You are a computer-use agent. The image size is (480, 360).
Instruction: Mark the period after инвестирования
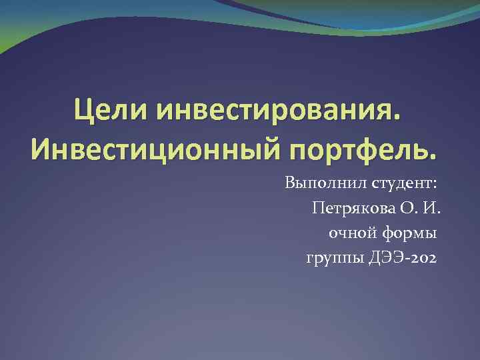(x=399, y=119)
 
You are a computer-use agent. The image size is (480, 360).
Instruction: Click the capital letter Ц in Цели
(x=83, y=109)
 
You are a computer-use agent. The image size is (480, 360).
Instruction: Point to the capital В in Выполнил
(x=290, y=182)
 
